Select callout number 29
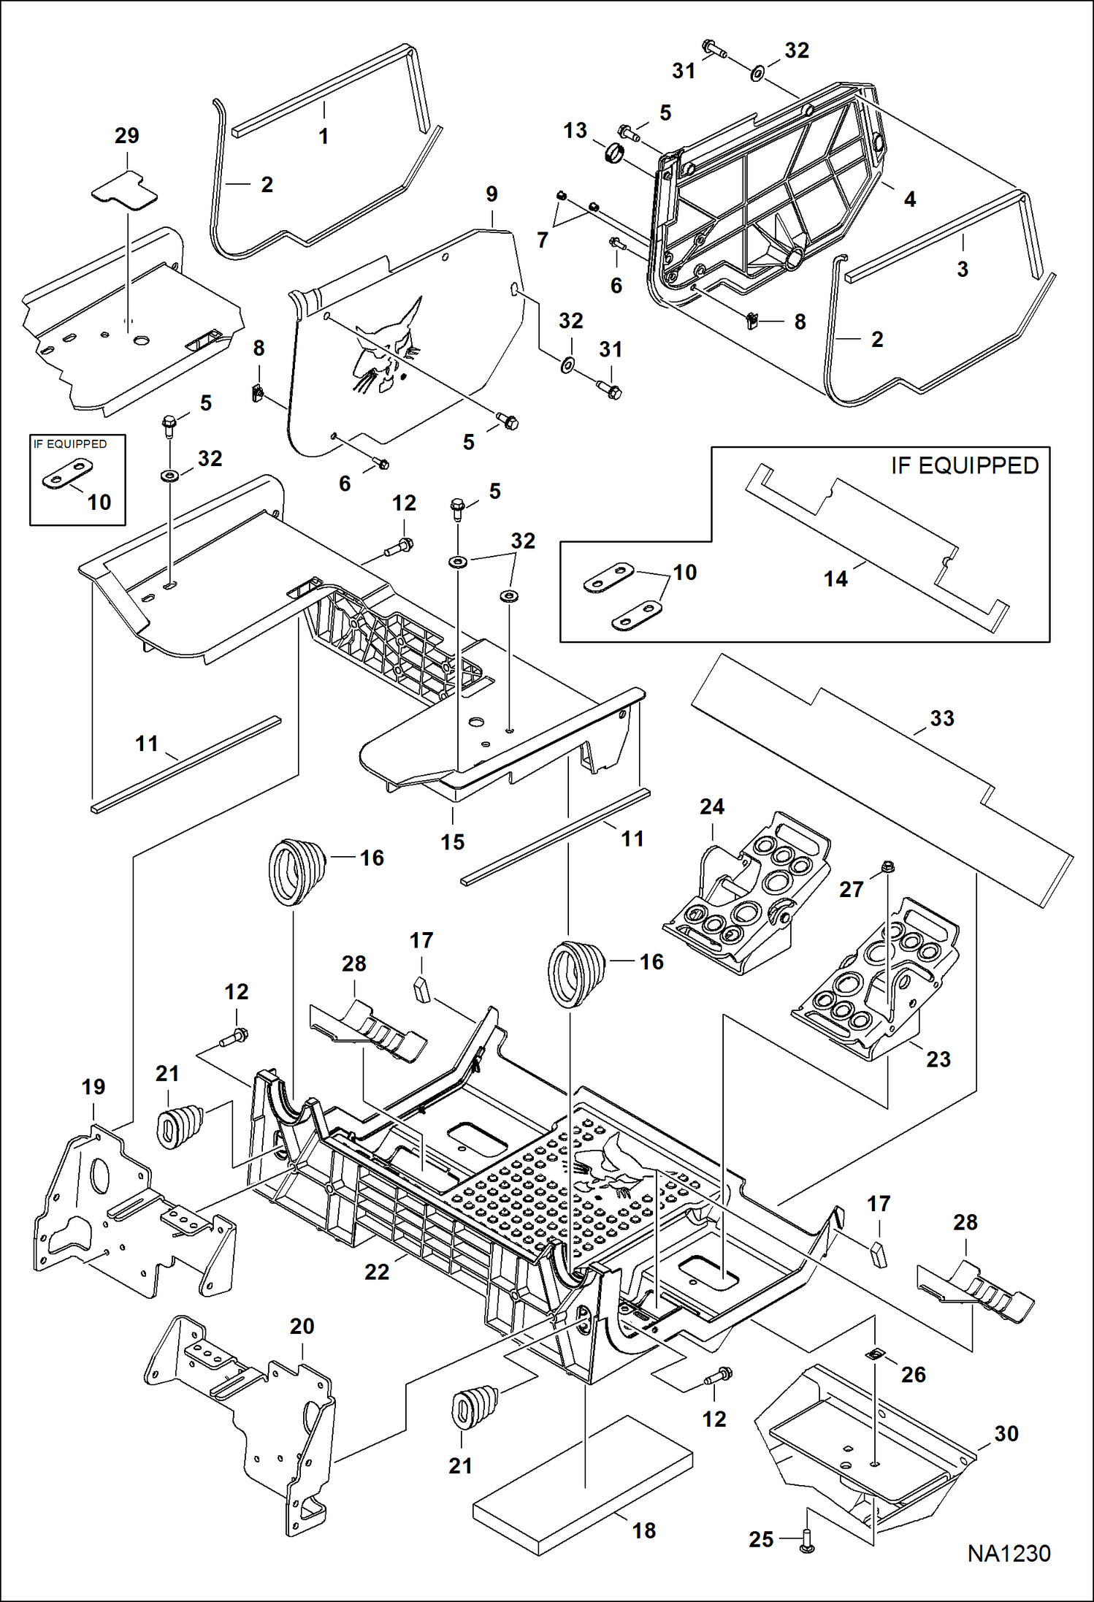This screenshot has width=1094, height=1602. [x=126, y=136]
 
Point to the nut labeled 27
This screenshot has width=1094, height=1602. [x=887, y=867]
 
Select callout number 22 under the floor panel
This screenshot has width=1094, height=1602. [x=377, y=1271]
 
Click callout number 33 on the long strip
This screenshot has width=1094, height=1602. [x=941, y=718]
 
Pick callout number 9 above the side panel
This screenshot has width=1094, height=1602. [x=491, y=194]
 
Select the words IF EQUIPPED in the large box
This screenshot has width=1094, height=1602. [x=964, y=466]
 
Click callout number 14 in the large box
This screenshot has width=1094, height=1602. [x=835, y=579]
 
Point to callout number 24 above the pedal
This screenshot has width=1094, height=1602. [x=711, y=806]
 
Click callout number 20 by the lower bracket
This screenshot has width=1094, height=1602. [x=302, y=1326]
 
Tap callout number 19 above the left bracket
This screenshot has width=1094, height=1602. [x=93, y=1087]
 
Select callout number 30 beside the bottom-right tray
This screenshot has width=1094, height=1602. [x=1006, y=1433]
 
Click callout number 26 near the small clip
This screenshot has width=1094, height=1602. [x=913, y=1374]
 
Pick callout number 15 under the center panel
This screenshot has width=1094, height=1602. [x=452, y=842]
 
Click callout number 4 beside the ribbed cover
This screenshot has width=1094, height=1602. [x=909, y=199]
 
